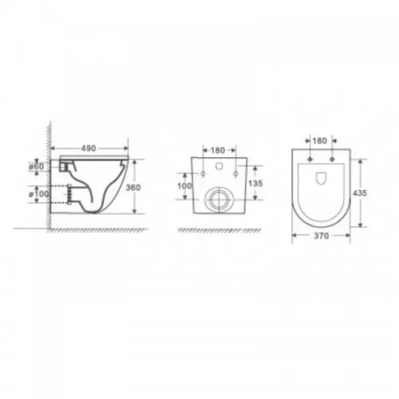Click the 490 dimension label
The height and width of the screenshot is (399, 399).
pyautogui.click(x=89, y=148)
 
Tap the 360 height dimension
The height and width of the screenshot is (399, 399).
pyautogui.click(x=133, y=188)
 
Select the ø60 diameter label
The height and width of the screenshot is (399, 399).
pyautogui.click(x=36, y=167)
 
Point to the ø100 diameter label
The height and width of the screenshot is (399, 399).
pyautogui.click(x=39, y=194)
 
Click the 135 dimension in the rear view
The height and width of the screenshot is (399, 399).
pyautogui.click(x=255, y=183)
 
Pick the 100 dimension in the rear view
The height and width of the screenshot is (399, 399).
pyautogui.click(x=184, y=186)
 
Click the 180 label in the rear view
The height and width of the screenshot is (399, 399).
pyautogui.click(x=218, y=150)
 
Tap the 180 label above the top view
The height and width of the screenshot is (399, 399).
pyautogui.click(x=319, y=140)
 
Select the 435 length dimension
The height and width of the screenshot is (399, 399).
pyautogui.click(x=360, y=193)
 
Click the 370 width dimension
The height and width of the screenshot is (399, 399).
pyautogui.click(x=322, y=235)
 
